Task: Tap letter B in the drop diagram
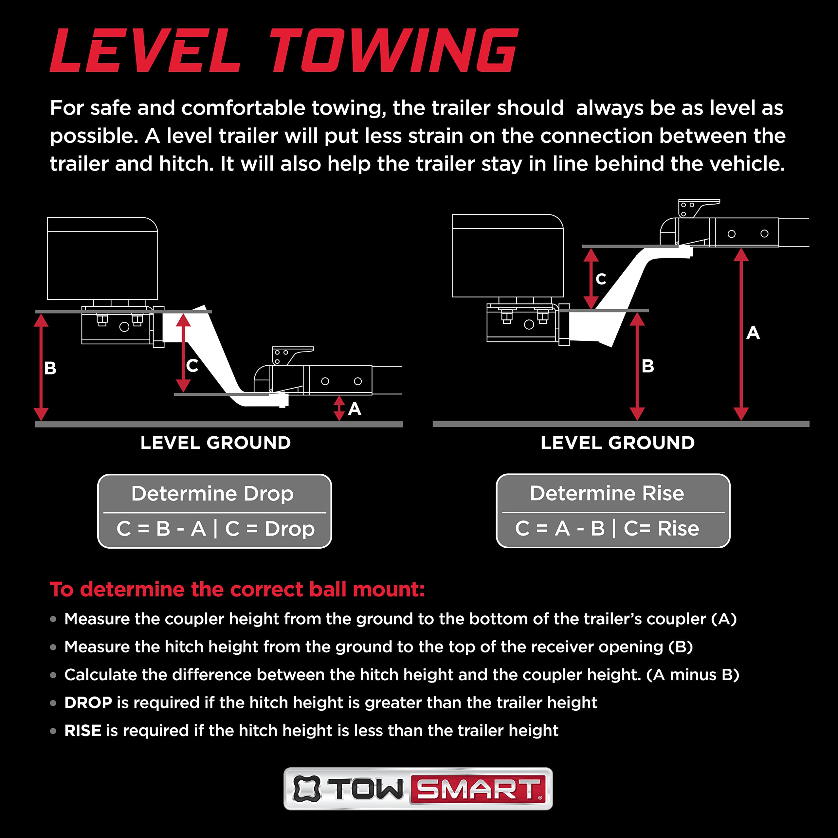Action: coord(50,368)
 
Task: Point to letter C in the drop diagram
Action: coord(192,366)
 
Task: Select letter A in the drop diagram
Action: coord(355,409)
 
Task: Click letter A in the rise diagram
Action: coord(753,333)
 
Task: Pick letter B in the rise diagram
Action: coord(647,366)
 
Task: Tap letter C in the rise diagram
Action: coord(601,279)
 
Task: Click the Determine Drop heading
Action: coord(212,494)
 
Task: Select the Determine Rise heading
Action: coord(607,493)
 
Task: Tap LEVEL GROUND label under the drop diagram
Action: coord(216,443)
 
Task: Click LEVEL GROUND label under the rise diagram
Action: coord(618,443)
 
